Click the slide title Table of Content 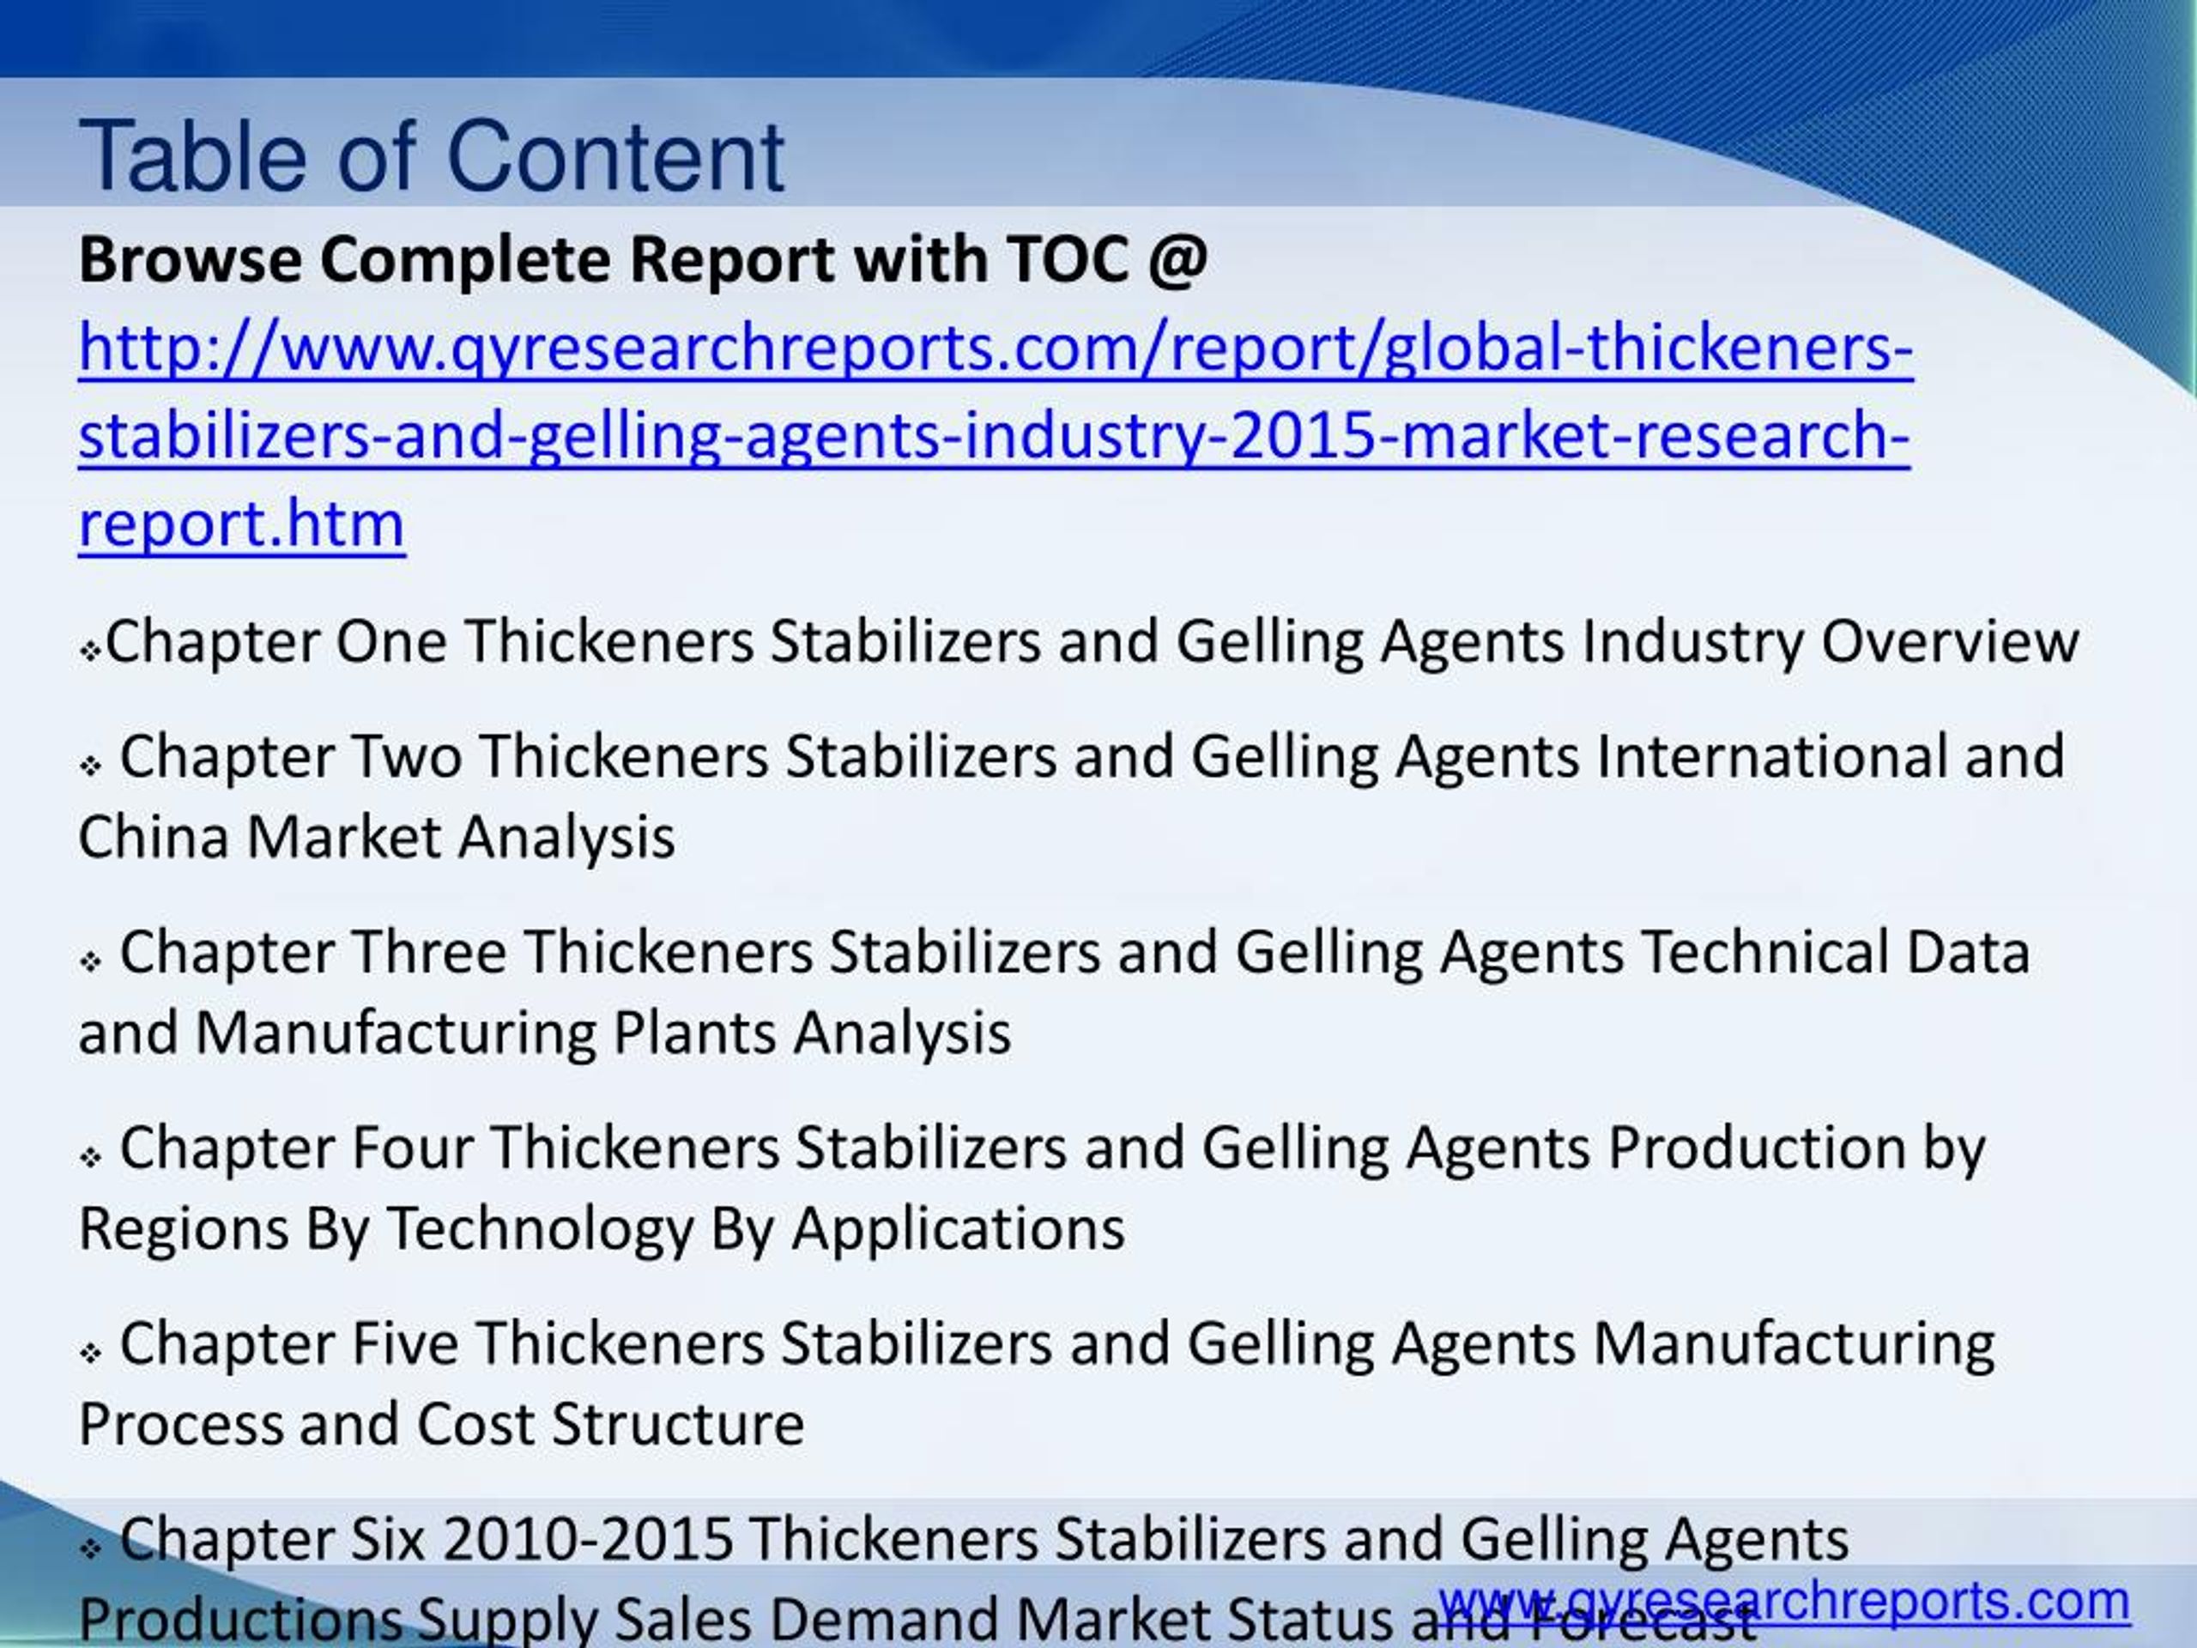(432, 156)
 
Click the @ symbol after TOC (1179, 260)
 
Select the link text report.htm (241, 524)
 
